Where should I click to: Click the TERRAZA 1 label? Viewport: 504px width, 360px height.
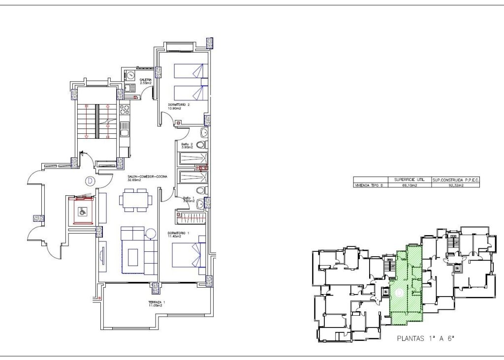(x=156, y=302)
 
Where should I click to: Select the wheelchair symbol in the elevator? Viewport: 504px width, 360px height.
(x=83, y=212)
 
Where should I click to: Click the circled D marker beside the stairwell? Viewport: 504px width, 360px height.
(x=90, y=180)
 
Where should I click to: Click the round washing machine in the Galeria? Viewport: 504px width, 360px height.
(x=132, y=76)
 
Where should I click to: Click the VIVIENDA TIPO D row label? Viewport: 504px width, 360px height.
(x=371, y=186)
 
